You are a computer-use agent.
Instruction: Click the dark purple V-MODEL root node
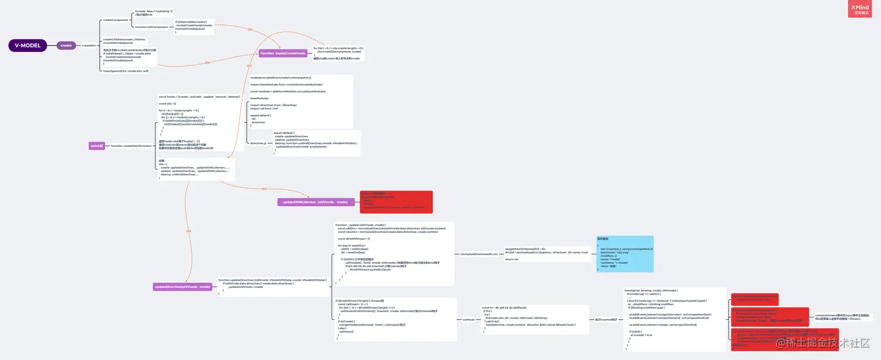coord(27,45)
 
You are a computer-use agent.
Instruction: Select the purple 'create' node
coord(66,45)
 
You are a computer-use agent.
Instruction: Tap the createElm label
coord(89,45)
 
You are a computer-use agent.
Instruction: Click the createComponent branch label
coord(115,20)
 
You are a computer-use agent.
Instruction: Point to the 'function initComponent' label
coord(151,27)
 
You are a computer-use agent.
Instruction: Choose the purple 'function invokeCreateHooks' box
coord(283,53)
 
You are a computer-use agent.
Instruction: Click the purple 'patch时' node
coord(97,146)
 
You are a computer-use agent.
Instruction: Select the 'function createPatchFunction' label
coord(131,146)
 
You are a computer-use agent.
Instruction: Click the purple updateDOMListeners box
coord(315,202)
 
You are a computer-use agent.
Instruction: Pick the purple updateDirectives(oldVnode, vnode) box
coord(182,287)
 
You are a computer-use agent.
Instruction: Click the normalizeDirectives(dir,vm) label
coord(479,254)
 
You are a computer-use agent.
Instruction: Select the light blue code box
coord(625,254)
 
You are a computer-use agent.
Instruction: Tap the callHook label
coord(468,319)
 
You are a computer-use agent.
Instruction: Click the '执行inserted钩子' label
coord(605,319)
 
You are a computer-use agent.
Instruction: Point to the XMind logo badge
coord(859,9)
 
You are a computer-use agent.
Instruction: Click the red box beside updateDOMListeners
coord(396,202)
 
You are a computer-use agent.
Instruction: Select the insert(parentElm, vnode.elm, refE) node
coord(126,71)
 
